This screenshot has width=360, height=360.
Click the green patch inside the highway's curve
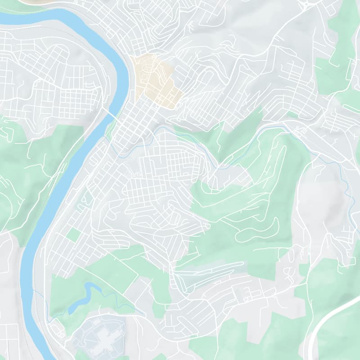click(342, 337)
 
